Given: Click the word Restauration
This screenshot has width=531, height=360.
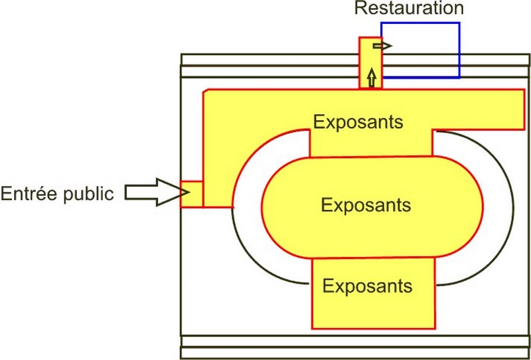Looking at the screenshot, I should pyautogui.click(x=408, y=9).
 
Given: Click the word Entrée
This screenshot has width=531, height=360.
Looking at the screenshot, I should pyautogui.click(x=33, y=193).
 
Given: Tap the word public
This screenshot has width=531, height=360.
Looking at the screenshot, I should pyautogui.click(x=92, y=193).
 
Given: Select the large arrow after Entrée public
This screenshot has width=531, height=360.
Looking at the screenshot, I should pyautogui.click(x=151, y=191).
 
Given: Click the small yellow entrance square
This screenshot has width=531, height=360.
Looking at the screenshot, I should pyautogui.click(x=191, y=194).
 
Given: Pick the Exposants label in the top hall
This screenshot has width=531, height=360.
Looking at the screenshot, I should pyautogui.click(x=358, y=123).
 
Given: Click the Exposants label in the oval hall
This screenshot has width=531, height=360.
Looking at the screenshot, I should pyautogui.click(x=366, y=205).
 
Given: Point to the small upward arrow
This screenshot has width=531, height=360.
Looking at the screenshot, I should pyautogui.click(x=371, y=77).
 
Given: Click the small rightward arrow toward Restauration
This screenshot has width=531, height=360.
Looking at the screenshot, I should pyautogui.click(x=382, y=46).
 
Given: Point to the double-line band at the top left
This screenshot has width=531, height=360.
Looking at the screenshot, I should pyautogui.click(x=265, y=60).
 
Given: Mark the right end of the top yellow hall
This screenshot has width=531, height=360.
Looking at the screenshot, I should pyautogui.click(x=491, y=110).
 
